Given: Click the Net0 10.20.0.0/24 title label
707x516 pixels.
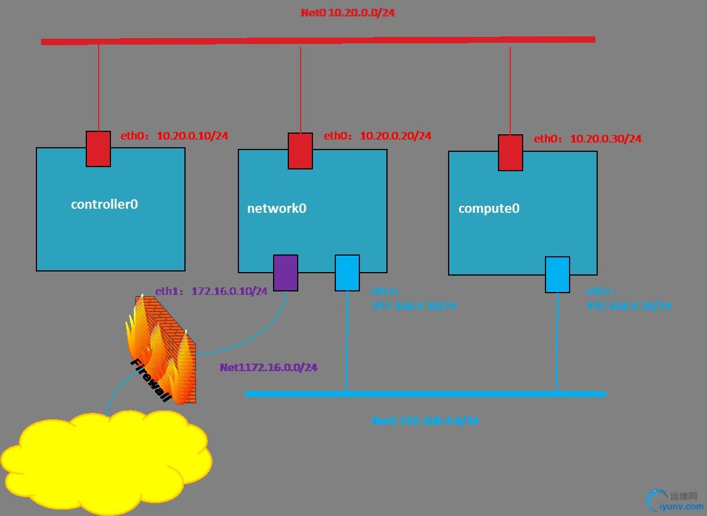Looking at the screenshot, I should coord(348,12).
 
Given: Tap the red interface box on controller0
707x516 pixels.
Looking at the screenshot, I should coord(98,149).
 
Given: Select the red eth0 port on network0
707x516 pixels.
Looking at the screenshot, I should coord(300,151).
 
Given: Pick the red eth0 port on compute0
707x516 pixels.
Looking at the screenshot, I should coord(510,152).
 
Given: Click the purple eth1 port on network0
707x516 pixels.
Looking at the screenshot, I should coord(285,273).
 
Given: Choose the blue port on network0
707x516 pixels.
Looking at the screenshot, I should coord(347,273).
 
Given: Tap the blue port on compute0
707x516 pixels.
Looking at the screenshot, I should coord(557,274).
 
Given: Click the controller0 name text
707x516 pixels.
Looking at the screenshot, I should coord(105,204).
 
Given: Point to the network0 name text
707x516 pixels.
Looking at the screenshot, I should coord(277,208).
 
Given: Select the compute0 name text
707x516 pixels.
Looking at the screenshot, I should coord(489,208).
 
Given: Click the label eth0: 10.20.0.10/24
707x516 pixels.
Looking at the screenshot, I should coord(174,136).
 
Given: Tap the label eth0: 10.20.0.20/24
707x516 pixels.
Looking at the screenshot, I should coord(378,136).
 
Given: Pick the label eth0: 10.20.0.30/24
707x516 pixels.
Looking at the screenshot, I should coord(587,139).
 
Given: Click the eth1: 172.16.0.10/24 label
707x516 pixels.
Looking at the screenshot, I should coord(211,291).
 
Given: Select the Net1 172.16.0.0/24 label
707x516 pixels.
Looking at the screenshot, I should coord(268,368).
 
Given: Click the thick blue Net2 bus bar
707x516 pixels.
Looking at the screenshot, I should coord(425,394).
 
